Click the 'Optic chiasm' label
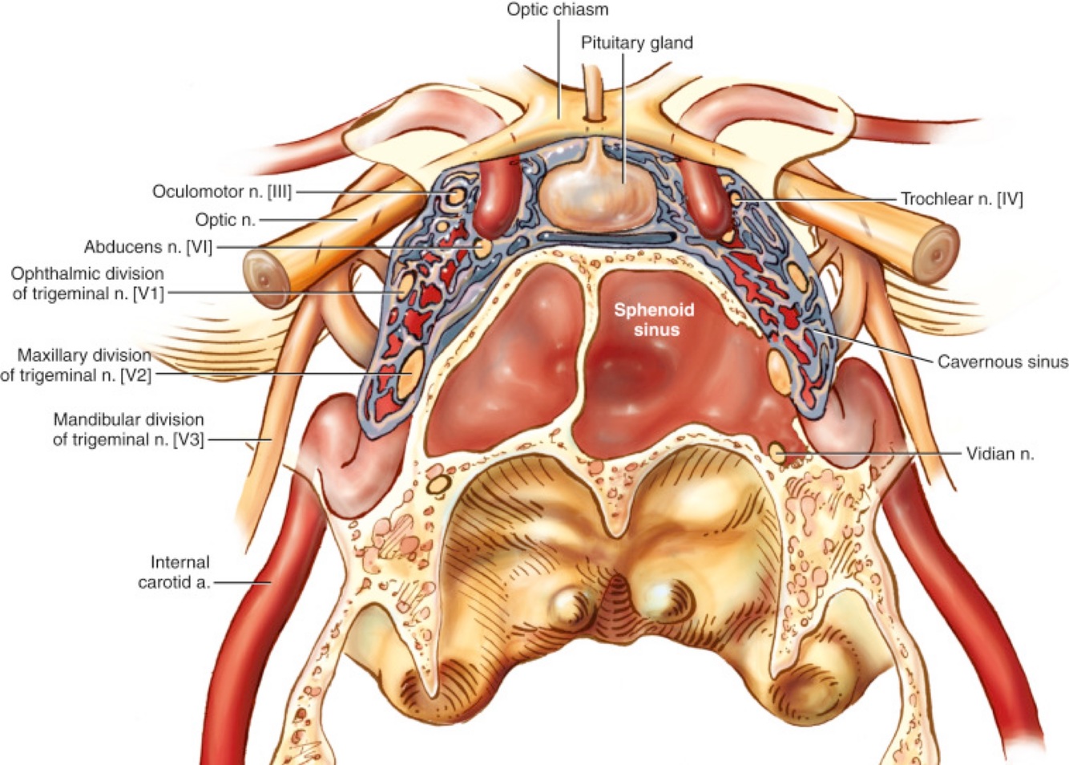coord(558,10)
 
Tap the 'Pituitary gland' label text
coord(636,42)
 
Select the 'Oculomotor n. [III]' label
coord(222,192)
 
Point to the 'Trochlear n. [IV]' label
coord(962,198)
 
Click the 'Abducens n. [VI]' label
coord(148,247)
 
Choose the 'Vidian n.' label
coord(999,454)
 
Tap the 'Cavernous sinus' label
coord(1002,362)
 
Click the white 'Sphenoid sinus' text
coord(654,319)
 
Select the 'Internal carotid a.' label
coord(174,572)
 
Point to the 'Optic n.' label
coord(225,220)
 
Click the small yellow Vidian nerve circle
coord(777,452)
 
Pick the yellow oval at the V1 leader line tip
coord(406,282)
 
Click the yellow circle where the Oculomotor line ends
coord(456,195)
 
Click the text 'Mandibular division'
coord(128,419)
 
